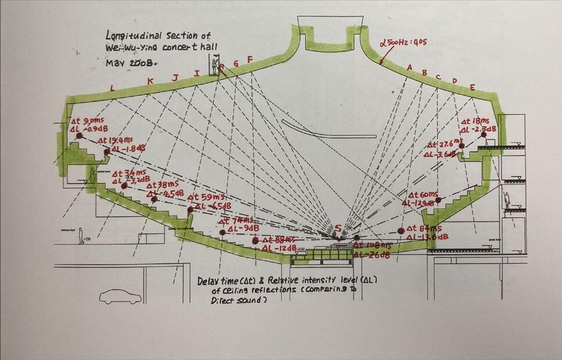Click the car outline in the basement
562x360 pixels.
[120, 297]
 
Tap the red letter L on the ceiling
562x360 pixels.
[112, 88]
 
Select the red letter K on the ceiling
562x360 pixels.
[151, 81]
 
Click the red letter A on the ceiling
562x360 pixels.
[409, 67]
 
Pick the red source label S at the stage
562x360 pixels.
[338, 227]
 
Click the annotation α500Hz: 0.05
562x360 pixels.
[403, 42]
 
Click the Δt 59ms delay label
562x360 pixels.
[210, 197]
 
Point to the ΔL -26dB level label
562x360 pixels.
[371, 255]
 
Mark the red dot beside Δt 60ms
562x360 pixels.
[438, 200]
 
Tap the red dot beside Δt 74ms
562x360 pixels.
[223, 232]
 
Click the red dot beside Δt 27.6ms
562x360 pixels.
[461, 145]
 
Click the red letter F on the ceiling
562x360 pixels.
[250, 59]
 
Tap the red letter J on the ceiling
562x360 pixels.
[175, 77]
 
